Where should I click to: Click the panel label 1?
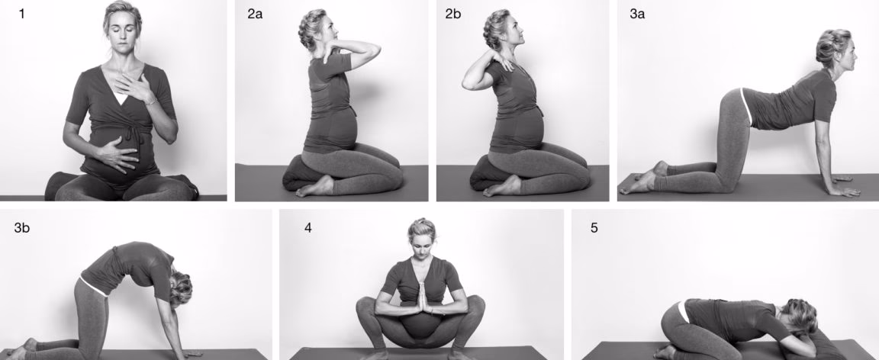[21, 14]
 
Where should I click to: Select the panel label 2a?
[255, 14]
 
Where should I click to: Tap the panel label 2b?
[453, 14]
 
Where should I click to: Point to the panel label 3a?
[637, 14]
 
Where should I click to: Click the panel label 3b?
[22, 227]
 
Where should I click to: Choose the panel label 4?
[307, 227]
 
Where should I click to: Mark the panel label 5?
[594, 227]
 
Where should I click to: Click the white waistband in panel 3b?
[93, 286]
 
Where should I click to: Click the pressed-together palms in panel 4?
[420, 297]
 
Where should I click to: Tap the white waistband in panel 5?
[682, 312]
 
